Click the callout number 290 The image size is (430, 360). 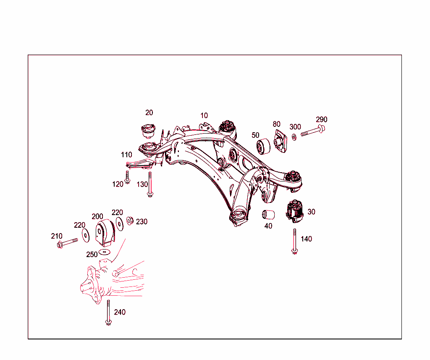321,120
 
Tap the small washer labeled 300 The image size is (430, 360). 294,136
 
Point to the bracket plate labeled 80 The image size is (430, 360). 279,141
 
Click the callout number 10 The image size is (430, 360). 204,116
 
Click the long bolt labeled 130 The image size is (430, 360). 150,184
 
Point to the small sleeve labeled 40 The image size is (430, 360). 268,215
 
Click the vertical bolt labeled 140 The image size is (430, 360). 295,241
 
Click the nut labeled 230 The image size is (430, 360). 130,220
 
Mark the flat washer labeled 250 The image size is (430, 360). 104,252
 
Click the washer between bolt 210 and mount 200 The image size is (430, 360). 86,235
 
